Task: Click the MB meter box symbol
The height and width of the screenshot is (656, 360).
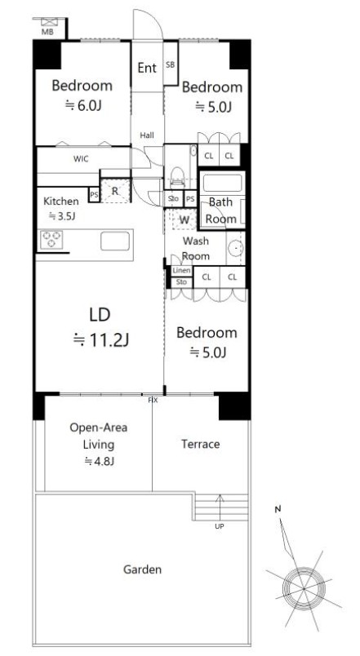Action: (x=48, y=22)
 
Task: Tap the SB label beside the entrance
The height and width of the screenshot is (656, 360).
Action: (x=171, y=64)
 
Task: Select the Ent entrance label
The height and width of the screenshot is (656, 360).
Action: (x=147, y=68)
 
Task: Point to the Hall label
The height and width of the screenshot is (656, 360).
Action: (x=147, y=135)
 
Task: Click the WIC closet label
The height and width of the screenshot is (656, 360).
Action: (x=81, y=159)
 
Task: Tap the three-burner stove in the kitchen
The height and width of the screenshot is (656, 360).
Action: (x=51, y=240)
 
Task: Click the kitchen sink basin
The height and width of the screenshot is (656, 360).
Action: (x=115, y=241)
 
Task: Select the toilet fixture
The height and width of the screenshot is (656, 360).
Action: (x=178, y=176)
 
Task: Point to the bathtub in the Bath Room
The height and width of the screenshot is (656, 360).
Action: (x=222, y=183)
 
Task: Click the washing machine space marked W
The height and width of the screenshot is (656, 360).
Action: (x=184, y=219)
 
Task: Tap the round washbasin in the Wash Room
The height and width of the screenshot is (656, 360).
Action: (x=236, y=249)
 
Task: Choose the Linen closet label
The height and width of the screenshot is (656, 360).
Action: (x=182, y=271)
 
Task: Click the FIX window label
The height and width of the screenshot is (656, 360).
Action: (x=153, y=401)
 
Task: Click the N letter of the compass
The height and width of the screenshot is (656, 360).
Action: (x=278, y=509)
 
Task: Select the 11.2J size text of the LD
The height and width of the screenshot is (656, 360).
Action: (x=101, y=340)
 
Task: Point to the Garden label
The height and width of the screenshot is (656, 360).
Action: (x=142, y=570)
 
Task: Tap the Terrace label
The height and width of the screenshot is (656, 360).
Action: (x=201, y=444)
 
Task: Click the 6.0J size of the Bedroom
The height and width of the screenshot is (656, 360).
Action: (x=83, y=106)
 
